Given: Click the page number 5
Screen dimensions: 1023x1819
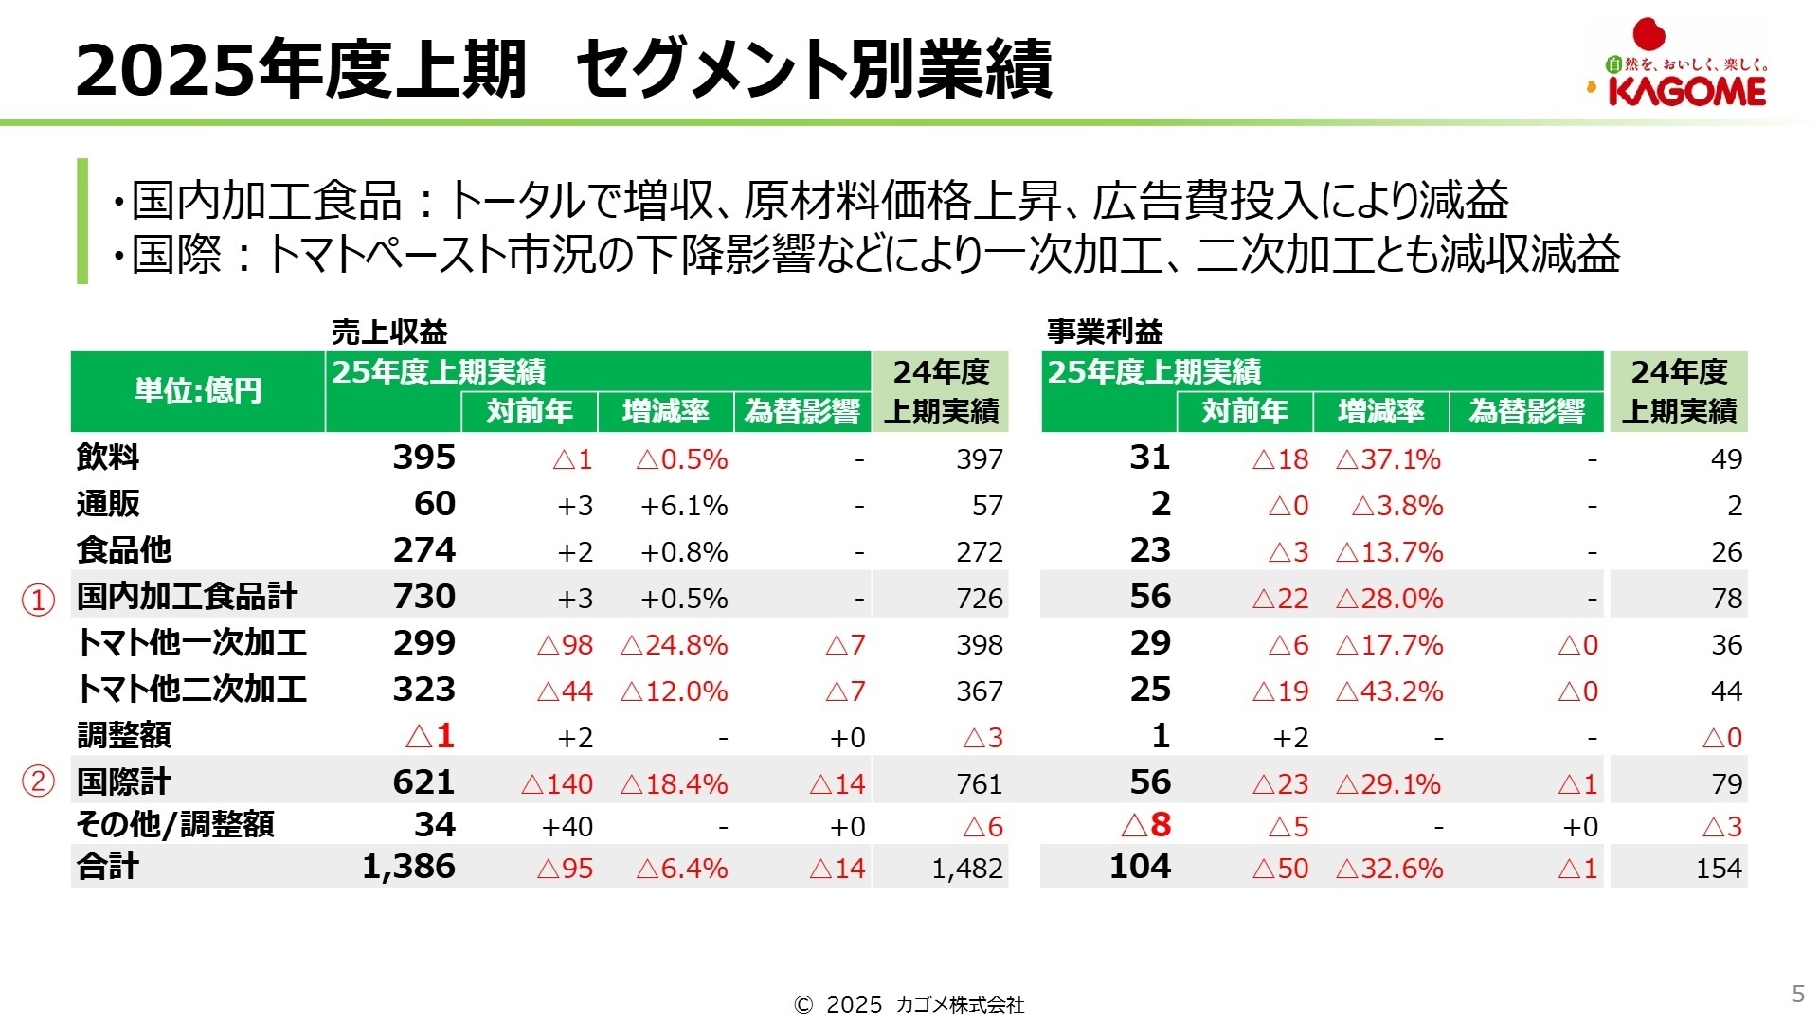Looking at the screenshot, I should click(x=1797, y=993).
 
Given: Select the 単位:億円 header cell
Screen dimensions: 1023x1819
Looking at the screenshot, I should click(x=198, y=390).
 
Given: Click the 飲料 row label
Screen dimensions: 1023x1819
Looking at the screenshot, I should click(x=108, y=458).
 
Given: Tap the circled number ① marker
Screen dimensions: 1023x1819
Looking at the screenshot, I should click(x=38, y=600).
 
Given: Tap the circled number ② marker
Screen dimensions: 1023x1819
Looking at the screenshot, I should click(x=38, y=782).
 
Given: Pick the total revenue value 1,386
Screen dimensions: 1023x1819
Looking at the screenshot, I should click(x=408, y=867).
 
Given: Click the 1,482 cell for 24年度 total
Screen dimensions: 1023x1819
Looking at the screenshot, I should click(x=966, y=869).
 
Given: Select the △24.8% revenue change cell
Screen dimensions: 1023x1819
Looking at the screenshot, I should click(x=674, y=645).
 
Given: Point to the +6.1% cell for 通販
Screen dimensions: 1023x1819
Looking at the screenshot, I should click(x=684, y=506).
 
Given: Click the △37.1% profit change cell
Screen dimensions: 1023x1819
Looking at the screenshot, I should click(x=1388, y=459).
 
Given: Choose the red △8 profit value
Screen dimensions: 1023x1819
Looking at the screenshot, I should click(x=1145, y=825).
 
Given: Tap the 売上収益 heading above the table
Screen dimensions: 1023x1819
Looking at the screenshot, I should click(x=389, y=332).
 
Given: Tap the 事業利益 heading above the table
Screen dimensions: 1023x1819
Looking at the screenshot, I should click(x=1105, y=332).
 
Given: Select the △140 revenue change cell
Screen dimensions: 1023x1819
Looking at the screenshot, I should click(x=557, y=784).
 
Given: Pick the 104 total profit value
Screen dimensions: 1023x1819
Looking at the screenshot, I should click(x=1140, y=867).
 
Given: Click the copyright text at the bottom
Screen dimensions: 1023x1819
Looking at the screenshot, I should click(x=909, y=1005).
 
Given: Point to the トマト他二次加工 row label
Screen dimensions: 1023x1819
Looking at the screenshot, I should click(x=191, y=690).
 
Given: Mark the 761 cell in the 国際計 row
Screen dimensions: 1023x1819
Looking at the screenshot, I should click(x=979, y=784).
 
